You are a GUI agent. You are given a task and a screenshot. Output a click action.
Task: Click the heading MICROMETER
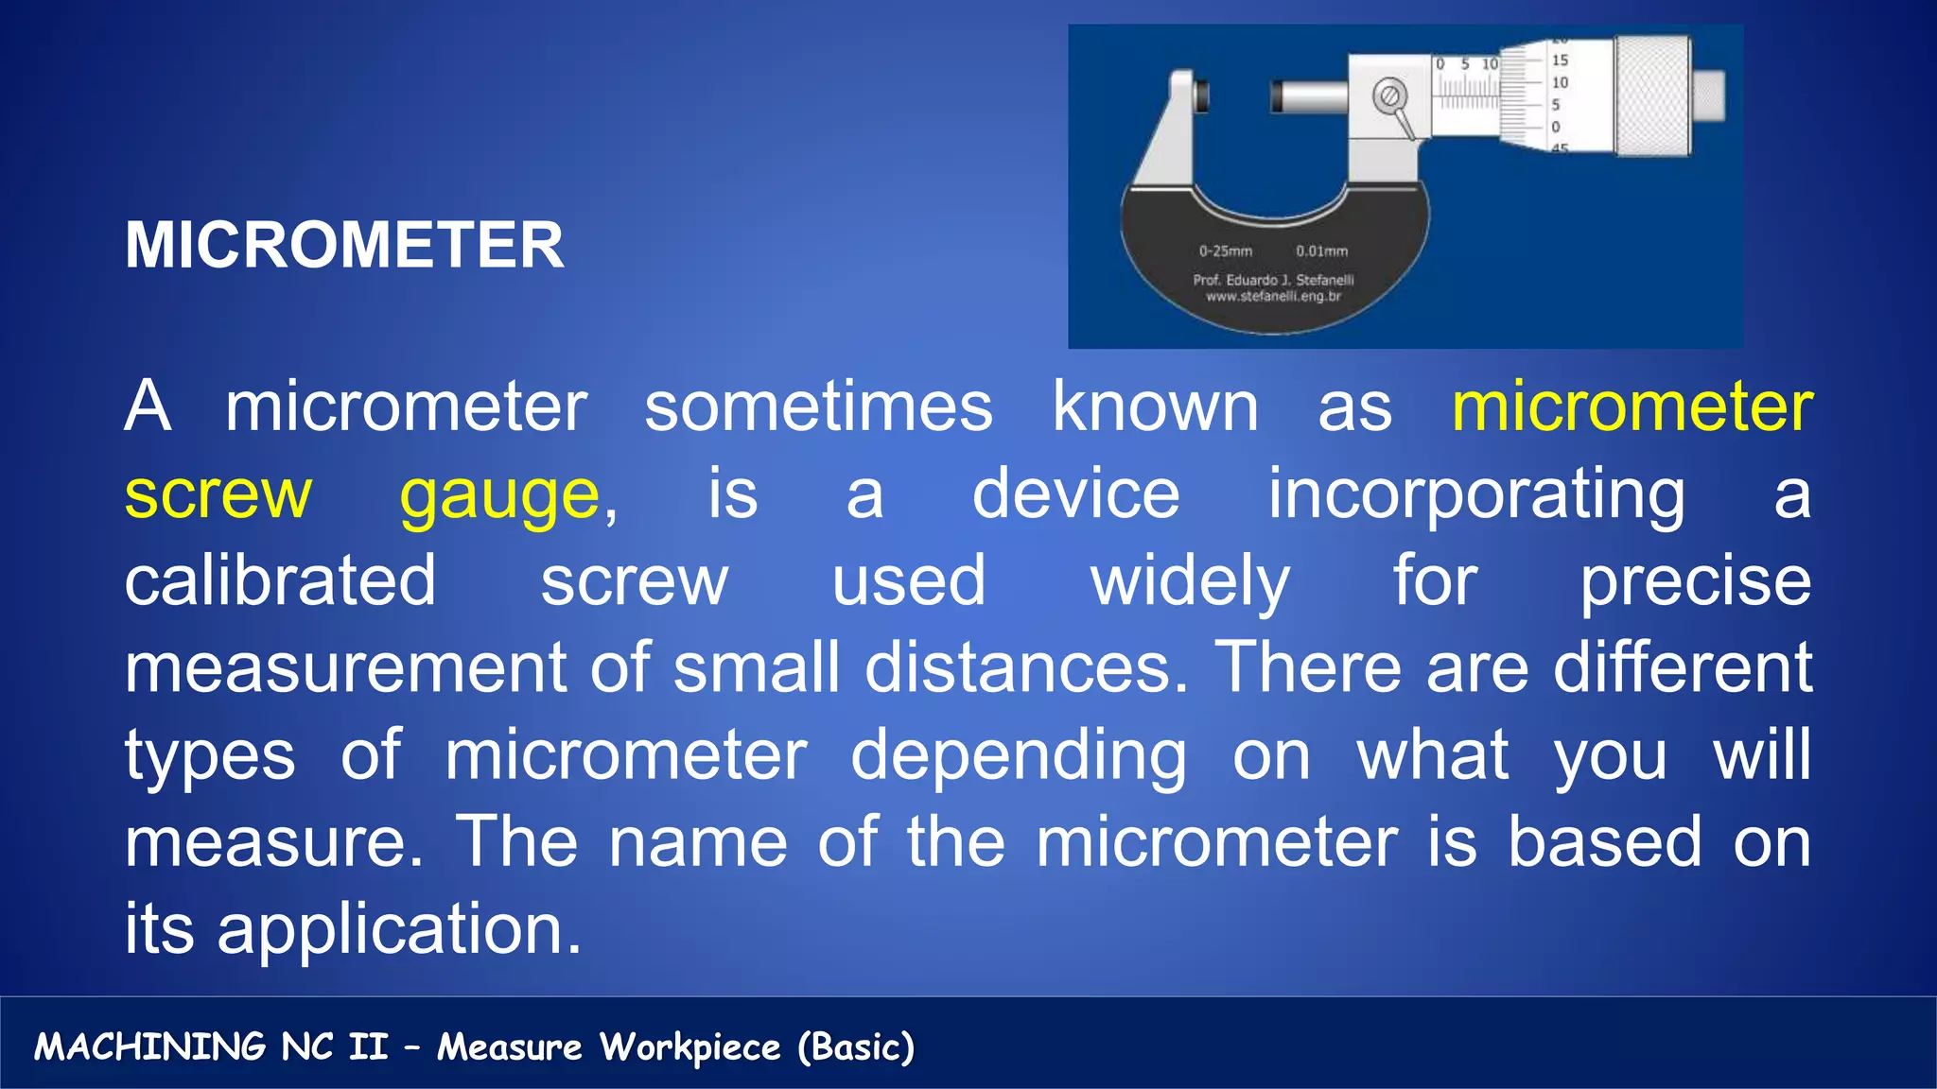coord(344,246)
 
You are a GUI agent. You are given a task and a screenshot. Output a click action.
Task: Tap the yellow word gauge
coord(499,495)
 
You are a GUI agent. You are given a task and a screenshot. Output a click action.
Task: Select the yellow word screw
coord(218,495)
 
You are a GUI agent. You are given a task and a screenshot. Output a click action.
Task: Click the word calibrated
coord(280,580)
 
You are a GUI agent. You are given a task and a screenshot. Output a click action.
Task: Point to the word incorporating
coord(1476,495)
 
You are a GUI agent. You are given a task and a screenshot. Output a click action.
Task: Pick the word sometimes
coord(818,407)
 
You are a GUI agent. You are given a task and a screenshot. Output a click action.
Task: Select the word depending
coord(1019,756)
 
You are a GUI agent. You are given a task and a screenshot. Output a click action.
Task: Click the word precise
coord(1696,580)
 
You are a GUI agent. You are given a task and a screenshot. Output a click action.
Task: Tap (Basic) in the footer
coord(856,1046)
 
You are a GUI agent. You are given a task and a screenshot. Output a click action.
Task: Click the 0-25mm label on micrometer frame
coord(1225,251)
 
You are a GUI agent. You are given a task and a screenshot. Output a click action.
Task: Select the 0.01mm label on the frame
coord(1321,251)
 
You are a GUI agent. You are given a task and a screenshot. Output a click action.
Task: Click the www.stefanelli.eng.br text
coord(1273,297)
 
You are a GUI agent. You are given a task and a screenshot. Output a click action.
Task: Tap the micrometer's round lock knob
coord(1388,96)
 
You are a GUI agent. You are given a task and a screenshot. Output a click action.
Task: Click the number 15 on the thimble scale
coord(1560,60)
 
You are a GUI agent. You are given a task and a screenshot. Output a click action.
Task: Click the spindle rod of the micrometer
coord(1310,96)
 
